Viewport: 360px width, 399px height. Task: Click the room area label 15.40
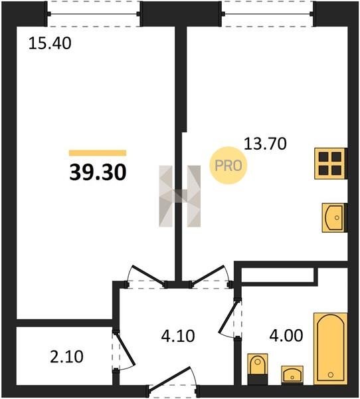[50, 43]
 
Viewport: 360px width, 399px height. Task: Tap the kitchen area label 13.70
[265, 144]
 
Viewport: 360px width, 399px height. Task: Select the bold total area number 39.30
[98, 172]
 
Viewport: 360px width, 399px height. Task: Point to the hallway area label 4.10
[178, 336]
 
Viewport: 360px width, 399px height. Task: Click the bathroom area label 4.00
[286, 335]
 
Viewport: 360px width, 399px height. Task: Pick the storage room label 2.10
[66, 356]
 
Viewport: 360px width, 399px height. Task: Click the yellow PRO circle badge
[228, 166]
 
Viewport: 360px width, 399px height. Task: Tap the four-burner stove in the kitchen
[330, 164]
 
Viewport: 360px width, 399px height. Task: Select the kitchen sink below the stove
[333, 217]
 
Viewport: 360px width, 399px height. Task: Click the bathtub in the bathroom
[330, 348]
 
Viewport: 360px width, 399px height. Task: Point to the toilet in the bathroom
[257, 368]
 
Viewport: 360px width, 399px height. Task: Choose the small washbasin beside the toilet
[292, 375]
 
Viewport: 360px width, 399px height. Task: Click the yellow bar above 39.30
[98, 153]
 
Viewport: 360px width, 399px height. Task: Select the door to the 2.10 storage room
[124, 350]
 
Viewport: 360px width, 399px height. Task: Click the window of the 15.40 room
[94, 13]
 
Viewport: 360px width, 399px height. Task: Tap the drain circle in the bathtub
[331, 374]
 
